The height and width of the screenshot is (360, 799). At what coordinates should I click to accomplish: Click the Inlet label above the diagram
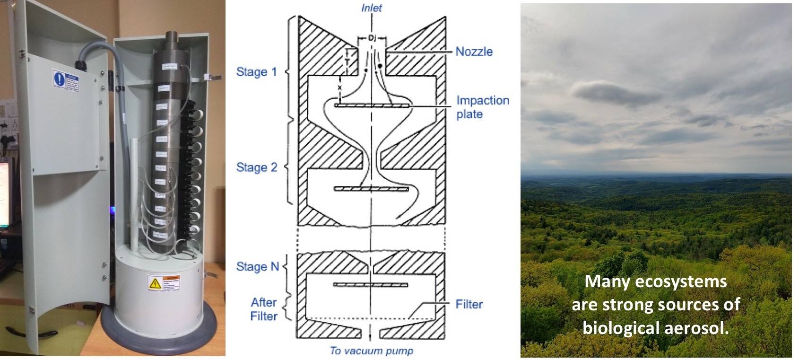point(371,8)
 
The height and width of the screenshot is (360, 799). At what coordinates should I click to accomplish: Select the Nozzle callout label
point(474,52)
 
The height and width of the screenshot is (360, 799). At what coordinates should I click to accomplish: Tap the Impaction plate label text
point(482,107)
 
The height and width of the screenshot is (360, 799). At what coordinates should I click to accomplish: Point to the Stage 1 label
point(256,72)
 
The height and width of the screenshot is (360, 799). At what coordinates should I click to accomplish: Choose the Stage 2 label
point(256,167)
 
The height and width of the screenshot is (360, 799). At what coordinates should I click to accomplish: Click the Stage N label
point(257,267)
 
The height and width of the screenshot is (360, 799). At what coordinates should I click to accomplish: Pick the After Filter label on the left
point(263,309)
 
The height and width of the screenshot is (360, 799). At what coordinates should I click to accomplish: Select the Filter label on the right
point(469,304)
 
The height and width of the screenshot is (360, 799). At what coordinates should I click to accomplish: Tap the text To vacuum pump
point(371,351)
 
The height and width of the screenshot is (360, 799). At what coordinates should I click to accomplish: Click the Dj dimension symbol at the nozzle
point(372,37)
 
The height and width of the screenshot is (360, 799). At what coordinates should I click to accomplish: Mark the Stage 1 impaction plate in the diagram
point(372,105)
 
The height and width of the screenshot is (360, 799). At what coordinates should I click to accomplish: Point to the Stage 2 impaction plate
point(371,189)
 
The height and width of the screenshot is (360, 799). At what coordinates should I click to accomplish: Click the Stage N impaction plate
point(371,285)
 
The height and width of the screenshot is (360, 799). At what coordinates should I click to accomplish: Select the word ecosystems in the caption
point(679,282)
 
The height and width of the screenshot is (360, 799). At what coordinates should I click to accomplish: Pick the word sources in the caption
point(691,305)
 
